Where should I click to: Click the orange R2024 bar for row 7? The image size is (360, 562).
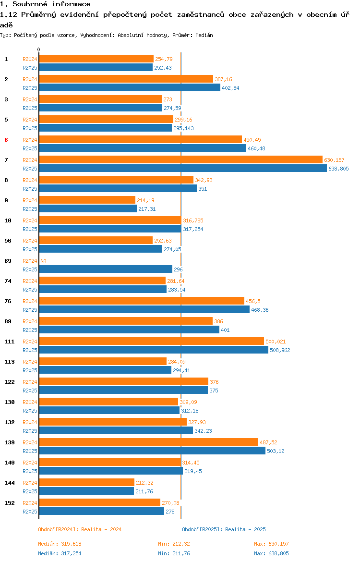pyautogui.click(x=181, y=160)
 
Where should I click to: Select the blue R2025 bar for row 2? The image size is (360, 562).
pyautogui.click(x=130, y=88)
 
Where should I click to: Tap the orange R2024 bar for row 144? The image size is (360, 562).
pyautogui.click(x=87, y=483)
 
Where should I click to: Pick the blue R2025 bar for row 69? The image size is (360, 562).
pyautogui.click(x=106, y=269)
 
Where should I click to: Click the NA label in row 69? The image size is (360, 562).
pyautogui.click(x=43, y=261)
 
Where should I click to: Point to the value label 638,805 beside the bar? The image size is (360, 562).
pyautogui.click(x=338, y=169)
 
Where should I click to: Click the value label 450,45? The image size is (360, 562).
pyautogui.click(x=252, y=140)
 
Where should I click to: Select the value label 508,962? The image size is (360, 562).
pyautogui.click(x=280, y=350)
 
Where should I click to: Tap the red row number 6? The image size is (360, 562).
pyautogui.click(x=6, y=140)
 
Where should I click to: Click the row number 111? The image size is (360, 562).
pyautogui.click(x=10, y=342)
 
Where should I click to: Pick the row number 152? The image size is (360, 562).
pyautogui.click(x=10, y=503)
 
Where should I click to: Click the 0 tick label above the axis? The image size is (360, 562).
pyautogui.click(x=39, y=50)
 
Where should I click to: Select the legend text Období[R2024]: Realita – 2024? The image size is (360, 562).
pyautogui.click(x=80, y=529)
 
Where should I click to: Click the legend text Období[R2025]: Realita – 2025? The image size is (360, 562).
pyautogui.click(x=224, y=529)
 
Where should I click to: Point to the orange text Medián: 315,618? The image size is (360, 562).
pyautogui.click(x=60, y=544)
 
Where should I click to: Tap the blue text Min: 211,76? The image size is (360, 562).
pyautogui.click(x=174, y=553)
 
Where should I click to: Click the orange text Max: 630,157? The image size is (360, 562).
pyautogui.click(x=272, y=544)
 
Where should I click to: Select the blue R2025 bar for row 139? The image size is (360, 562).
pyautogui.click(x=152, y=451)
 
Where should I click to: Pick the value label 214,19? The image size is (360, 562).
pyautogui.click(x=145, y=200)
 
